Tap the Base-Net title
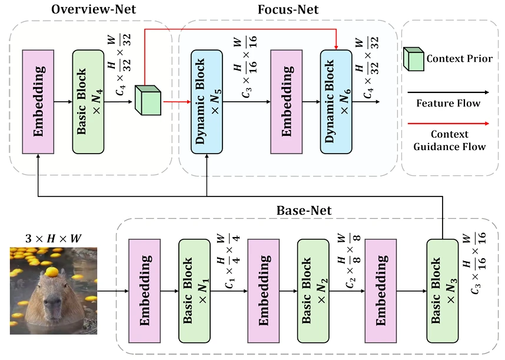tap(304, 210)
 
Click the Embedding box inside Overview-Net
tap(38, 101)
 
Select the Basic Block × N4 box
tap(88, 101)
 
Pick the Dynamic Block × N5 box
tap(207, 101)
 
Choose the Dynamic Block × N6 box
tap(336, 101)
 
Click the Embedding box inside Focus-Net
tap(286, 101)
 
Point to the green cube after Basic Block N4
tap(148, 100)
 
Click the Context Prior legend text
tap(459, 59)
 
